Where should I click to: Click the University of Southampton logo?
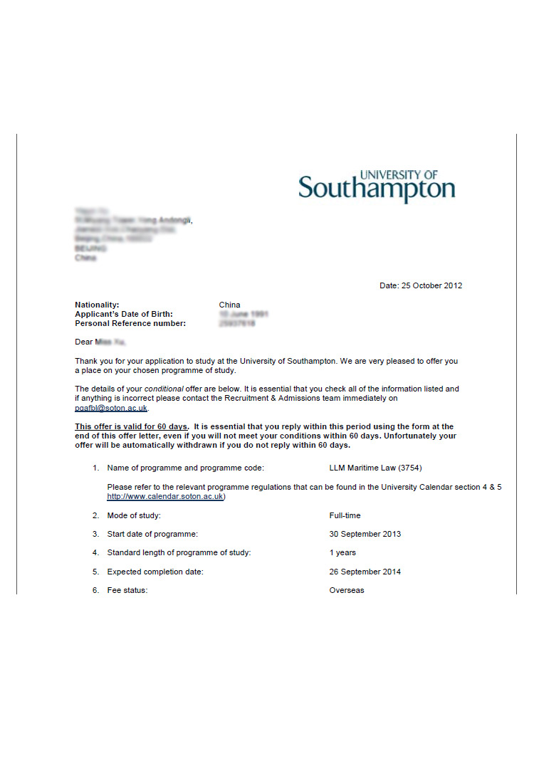point(377,186)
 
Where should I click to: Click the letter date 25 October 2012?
point(421,285)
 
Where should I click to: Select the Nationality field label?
point(97,305)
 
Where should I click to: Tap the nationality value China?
point(229,305)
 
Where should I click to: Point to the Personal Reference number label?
point(130,323)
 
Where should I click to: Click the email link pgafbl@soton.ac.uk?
point(111,409)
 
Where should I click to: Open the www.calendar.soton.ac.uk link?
point(165,496)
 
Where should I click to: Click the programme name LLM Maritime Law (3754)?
point(380,468)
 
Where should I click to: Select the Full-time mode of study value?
point(345,515)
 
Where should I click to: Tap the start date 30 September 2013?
point(365,534)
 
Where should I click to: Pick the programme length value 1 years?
point(342,552)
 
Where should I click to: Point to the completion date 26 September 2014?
point(365,572)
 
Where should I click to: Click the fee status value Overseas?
point(346,590)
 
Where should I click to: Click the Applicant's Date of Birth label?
point(124,314)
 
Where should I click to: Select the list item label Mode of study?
point(134,515)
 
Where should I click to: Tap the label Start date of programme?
point(152,534)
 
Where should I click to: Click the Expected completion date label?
point(155,572)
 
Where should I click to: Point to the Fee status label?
point(127,590)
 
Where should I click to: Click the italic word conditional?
point(164,389)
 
